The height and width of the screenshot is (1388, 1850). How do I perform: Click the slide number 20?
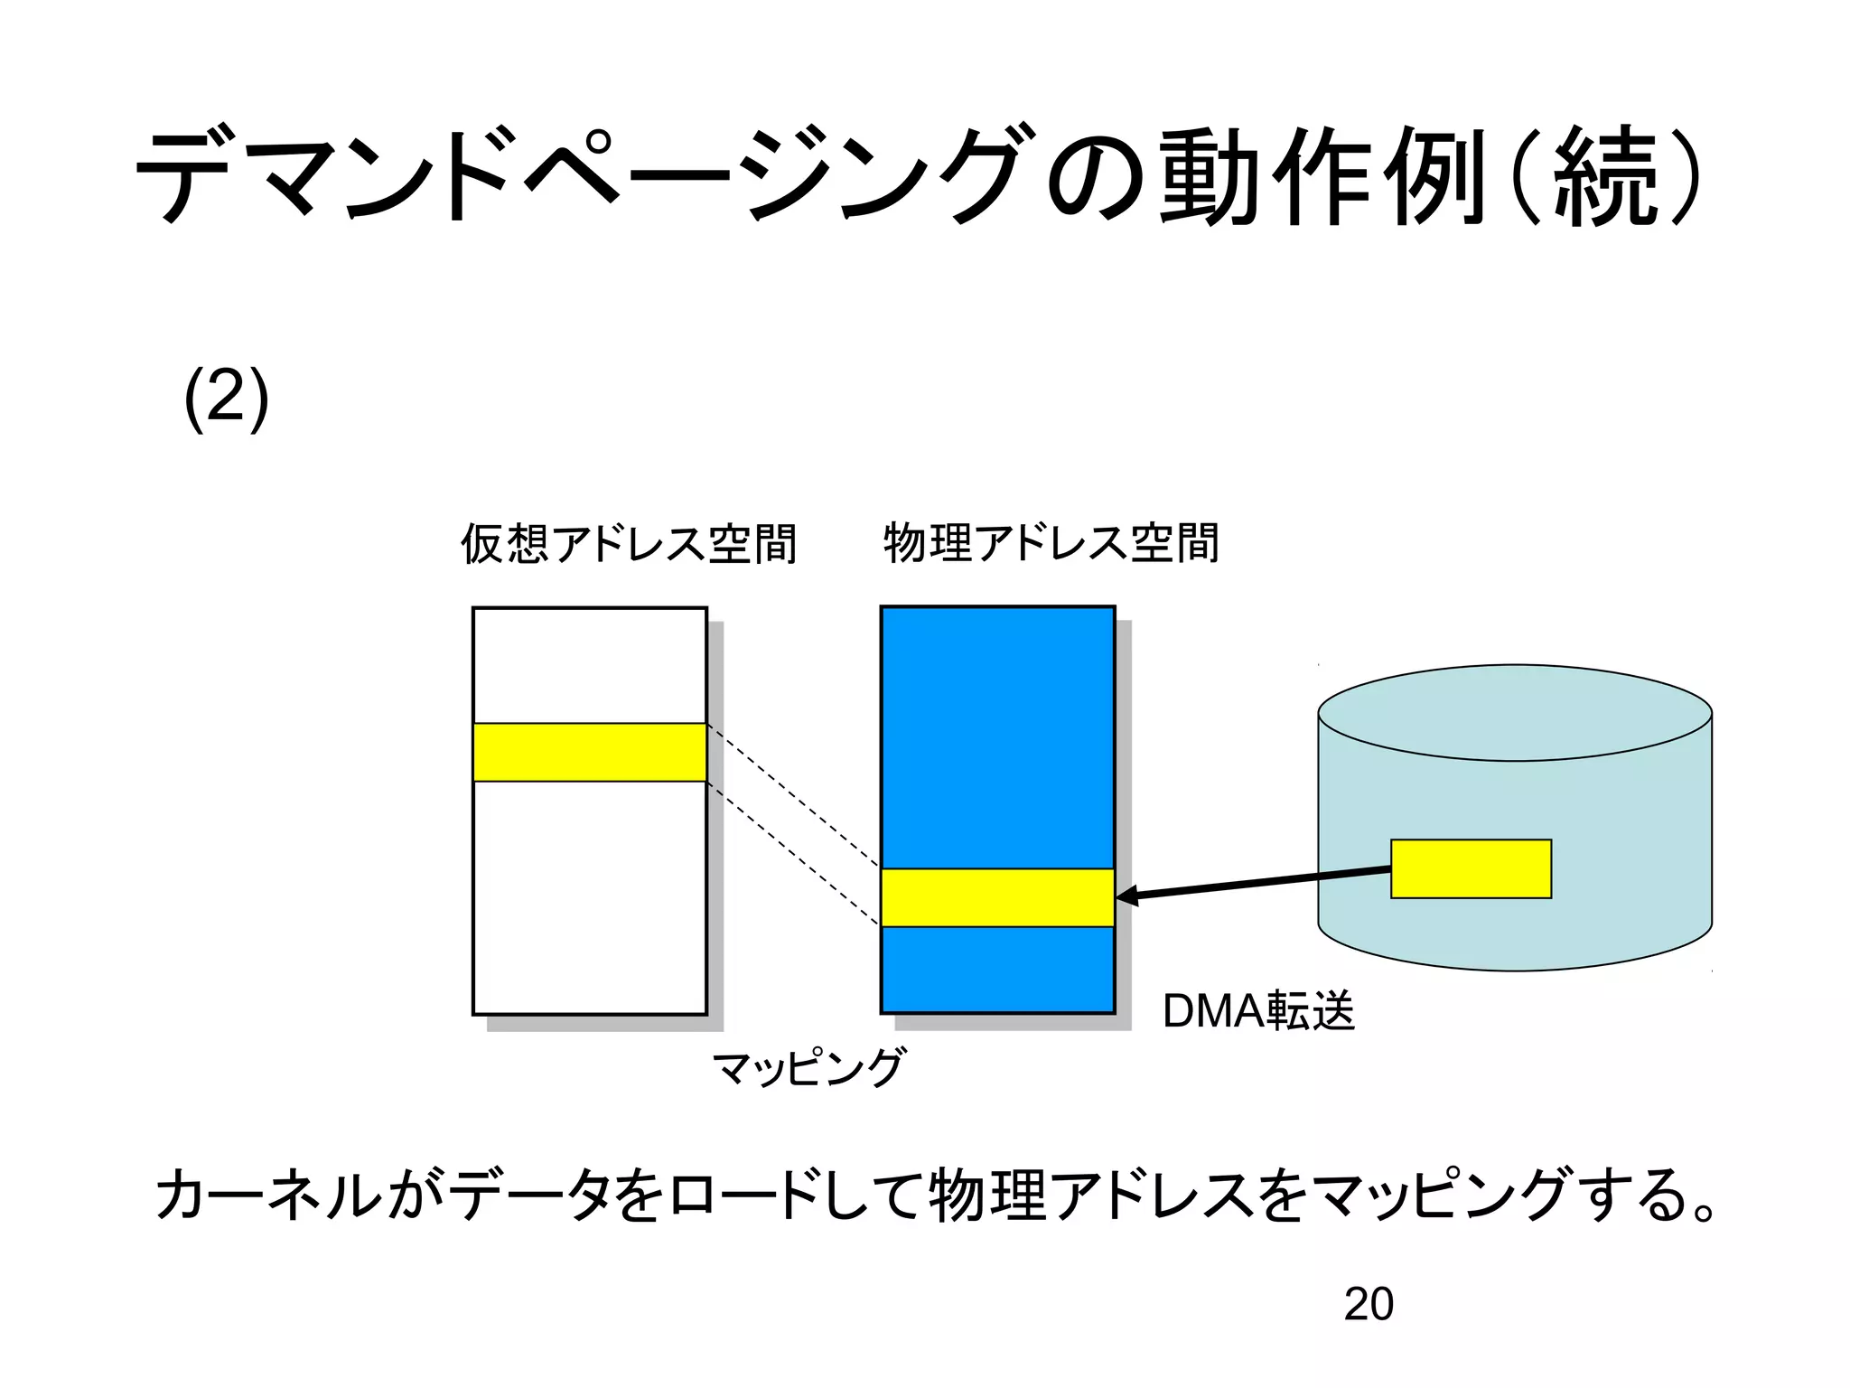[x=1368, y=1304]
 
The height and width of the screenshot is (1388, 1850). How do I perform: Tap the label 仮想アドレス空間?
[x=629, y=544]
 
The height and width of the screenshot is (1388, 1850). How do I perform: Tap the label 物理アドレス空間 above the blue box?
[x=1051, y=543]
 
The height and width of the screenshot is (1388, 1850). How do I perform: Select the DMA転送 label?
[x=1258, y=1010]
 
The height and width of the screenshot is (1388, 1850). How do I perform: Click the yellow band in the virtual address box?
[x=589, y=752]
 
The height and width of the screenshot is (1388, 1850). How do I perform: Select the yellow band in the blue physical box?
[x=997, y=897]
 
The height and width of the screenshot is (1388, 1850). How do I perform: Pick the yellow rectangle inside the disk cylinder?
[x=1471, y=868]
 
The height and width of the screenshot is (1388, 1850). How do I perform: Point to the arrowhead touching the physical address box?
[x=1126, y=896]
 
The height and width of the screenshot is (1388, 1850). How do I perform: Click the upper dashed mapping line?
[x=793, y=795]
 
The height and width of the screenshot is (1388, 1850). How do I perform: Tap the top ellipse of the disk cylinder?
[x=1515, y=713]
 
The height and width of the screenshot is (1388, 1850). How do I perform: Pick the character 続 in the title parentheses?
[x=1605, y=176]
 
